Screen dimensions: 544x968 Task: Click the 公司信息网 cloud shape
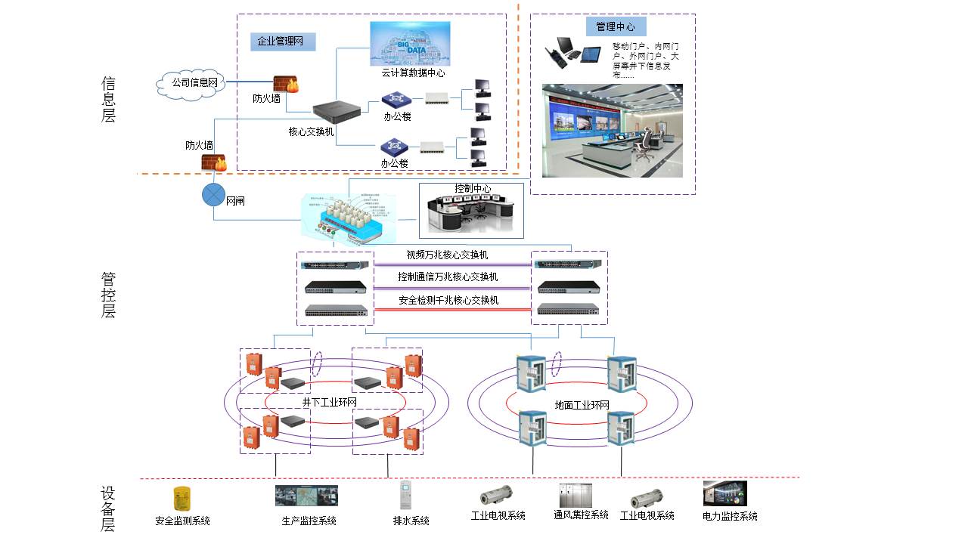pyautogui.click(x=194, y=83)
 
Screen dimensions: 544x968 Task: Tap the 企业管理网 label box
pyautogui.click(x=281, y=42)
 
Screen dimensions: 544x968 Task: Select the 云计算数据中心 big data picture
pyautogui.click(x=410, y=43)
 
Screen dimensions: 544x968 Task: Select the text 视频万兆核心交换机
pyautogui.click(x=447, y=255)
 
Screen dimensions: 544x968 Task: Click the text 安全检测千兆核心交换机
pyautogui.click(x=448, y=300)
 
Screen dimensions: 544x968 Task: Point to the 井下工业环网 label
pyautogui.click(x=329, y=402)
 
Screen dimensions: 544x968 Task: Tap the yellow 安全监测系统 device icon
pyautogui.click(x=181, y=498)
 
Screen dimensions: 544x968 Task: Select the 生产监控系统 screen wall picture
pyautogui.click(x=306, y=495)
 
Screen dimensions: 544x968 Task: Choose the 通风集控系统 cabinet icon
pyautogui.click(x=576, y=495)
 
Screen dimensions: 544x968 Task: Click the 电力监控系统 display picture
pyautogui.click(x=724, y=493)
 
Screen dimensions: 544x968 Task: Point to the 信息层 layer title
pyautogui.click(x=109, y=99)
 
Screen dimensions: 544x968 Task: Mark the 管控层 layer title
pyautogui.click(x=109, y=295)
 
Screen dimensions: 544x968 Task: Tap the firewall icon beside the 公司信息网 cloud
pyautogui.click(x=285, y=84)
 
